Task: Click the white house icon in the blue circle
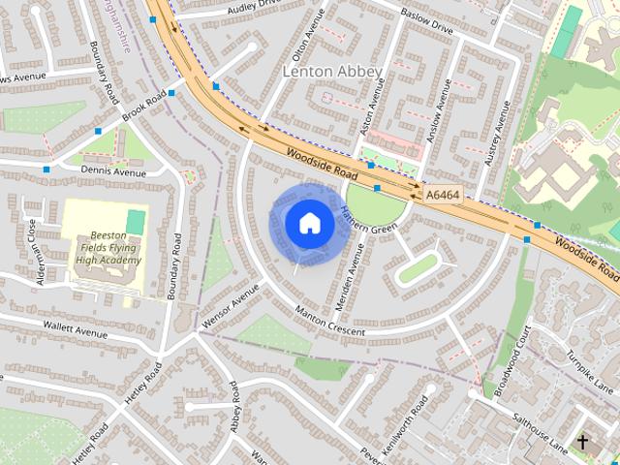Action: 309,224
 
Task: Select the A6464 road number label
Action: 443,195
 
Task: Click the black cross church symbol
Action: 582,442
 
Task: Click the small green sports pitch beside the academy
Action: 136,222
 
